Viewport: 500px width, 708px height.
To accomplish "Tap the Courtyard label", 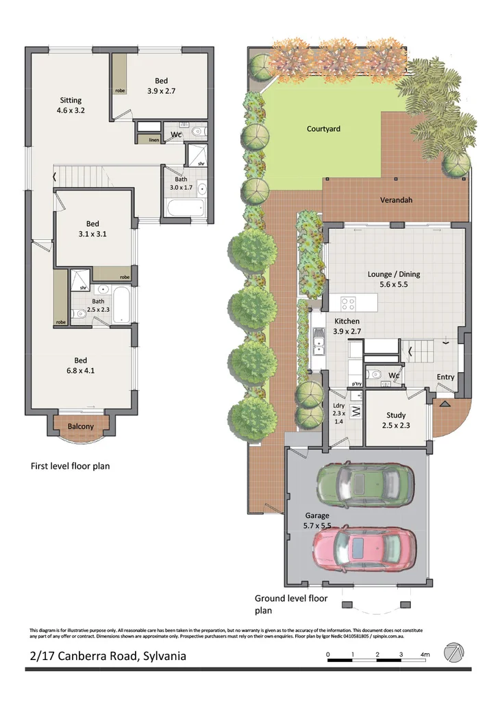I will tap(323, 129).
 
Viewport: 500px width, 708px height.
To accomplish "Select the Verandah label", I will tap(397, 201).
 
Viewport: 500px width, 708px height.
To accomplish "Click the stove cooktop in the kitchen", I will tap(347, 302).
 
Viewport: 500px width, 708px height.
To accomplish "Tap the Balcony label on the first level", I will tap(81, 426).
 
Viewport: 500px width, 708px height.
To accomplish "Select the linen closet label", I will tap(145, 140).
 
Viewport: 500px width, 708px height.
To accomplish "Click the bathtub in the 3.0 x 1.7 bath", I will tap(184, 208).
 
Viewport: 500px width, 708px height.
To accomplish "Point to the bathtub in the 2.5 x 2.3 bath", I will tap(122, 305).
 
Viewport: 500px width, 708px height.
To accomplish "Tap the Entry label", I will tap(445, 377).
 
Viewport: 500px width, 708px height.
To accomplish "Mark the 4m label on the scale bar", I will tap(425, 655).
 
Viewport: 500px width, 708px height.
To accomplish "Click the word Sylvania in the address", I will tap(162, 656).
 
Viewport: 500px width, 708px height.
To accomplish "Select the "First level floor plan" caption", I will tap(70, 466).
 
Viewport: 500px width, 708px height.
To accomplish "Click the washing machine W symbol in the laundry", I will tap(355, 412).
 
